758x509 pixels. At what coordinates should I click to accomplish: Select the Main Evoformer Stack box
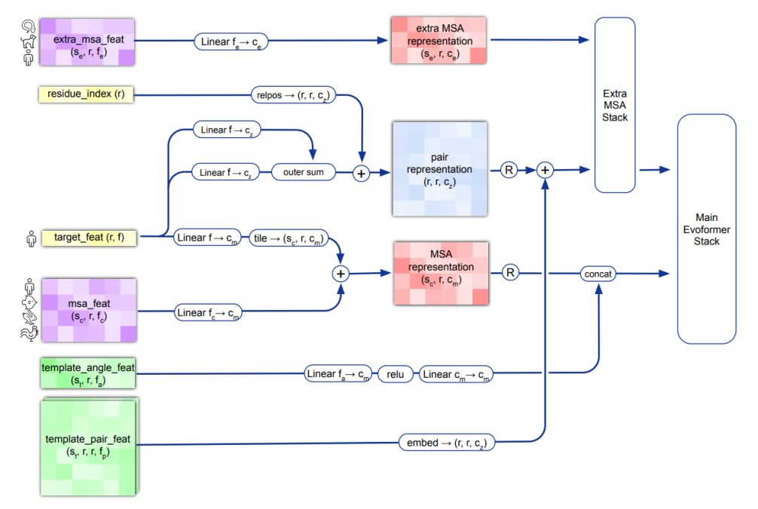pyautogui.click(x=706, y=229)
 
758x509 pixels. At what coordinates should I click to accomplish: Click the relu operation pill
pyautogui.click(x=396, y=374)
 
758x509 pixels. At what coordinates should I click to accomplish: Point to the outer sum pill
pyautogui.click(x=304, y=173)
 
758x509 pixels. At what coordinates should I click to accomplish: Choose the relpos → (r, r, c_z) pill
pyautogui.click(x=293, y=96)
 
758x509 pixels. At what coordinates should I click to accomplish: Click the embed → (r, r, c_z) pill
pyautogui.click(x=446, y=443)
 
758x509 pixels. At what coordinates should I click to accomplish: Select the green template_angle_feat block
pyautogui.click(x=87, y=374)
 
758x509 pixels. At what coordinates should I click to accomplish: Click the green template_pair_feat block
pyautogui.click(x=87, y=446)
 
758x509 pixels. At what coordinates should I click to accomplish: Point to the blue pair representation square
pyautogui.click(x=439, y=170)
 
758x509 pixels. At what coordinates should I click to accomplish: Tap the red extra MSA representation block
pyautogui.click(x=439, y=41)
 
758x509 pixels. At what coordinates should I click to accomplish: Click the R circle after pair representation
pyautogui.click(x=509, y=170)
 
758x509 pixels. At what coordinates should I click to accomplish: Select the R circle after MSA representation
pyautogui.click(x=510, y=272)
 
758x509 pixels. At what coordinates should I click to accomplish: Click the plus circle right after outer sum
pyautogui.click(x=361, y=173)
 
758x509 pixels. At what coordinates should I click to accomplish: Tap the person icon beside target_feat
pyautogui.click(x=31, y=239)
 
